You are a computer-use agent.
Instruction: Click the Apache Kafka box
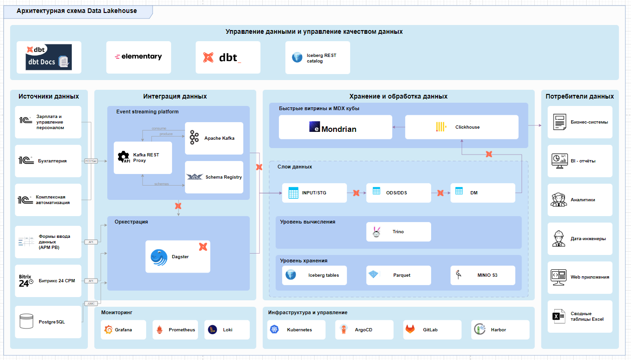[214, 138]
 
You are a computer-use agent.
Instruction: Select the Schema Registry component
[214, 177]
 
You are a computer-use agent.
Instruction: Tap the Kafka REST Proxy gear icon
[123, 157]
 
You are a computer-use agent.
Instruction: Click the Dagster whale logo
[159, 257]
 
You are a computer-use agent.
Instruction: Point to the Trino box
[398, 232]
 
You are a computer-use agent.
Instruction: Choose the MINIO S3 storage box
[483, 275]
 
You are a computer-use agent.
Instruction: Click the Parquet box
[398, 275]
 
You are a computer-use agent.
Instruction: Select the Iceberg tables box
[314, 275]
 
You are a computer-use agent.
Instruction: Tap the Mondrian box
[335, 128]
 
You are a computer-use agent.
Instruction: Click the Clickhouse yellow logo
[440, 127]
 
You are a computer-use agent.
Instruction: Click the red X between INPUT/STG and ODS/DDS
[356, 193]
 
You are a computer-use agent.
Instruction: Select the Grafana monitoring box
[123, 330]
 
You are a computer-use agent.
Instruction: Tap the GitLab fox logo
[410, 329]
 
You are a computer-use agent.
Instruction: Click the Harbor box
[500, 330]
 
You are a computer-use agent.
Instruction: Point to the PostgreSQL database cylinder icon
[26, 321]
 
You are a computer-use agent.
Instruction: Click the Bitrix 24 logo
[25, 281]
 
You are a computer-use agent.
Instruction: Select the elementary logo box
[138, 57]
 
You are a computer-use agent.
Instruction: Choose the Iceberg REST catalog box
[317, 57]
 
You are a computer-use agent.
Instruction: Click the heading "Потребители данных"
[580, 97]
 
